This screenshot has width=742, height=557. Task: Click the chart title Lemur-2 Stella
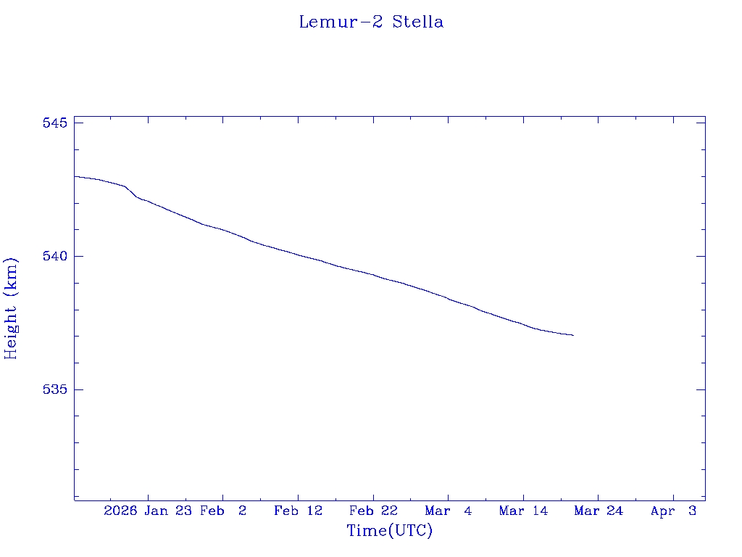[x=371, y=22]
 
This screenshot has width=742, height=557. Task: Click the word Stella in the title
[x=418, y=22]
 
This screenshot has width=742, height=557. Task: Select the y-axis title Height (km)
[x=11, y=308]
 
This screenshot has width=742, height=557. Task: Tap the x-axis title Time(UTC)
[x=390, y=531]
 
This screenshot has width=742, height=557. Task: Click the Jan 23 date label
[x=167, y=511]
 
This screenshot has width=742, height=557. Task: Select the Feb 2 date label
[x=223, y=511]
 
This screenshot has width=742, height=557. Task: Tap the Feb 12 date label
[x=298, y=511]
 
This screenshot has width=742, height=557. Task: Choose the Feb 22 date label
[x=373, y=511]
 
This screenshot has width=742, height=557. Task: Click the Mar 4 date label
[x=449, y=511]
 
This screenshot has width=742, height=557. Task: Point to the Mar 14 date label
[x=523, y=511]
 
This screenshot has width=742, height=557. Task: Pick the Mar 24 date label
[x=599, y=511]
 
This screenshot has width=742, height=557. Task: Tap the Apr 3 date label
[x=673, y=511]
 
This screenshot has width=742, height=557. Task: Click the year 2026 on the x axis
[x=120, y=511]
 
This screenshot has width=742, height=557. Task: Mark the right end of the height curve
[x=573, y=335]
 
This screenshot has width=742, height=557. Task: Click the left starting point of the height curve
[x=75, y=176]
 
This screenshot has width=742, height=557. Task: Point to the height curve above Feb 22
[x=373, y=275]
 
